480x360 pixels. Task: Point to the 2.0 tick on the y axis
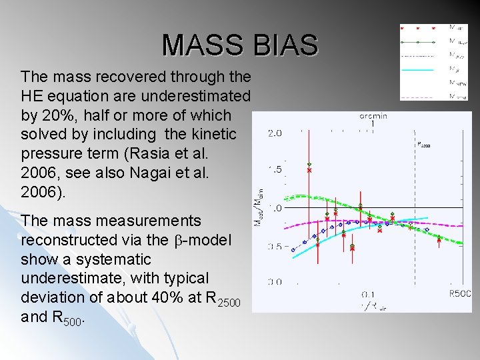coord(275,133)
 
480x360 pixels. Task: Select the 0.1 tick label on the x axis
coord(368,294)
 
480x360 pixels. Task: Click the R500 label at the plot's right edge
coord(460,293)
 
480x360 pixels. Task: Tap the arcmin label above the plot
coord(374,116)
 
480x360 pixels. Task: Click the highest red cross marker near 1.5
coord(309,171)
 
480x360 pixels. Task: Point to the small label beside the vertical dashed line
coord(423,143)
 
